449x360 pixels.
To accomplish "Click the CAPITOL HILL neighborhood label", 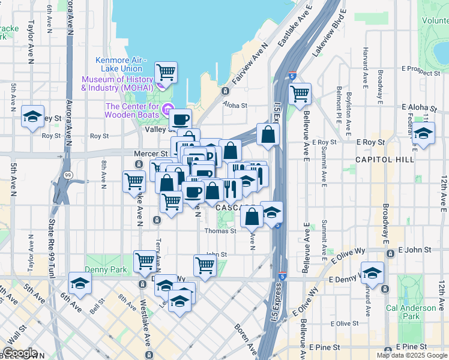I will coord(385,160).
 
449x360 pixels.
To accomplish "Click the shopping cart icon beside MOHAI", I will coord(166,72).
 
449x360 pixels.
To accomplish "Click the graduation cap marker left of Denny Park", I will coord(80,283).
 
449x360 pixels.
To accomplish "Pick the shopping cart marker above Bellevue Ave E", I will coord(300,93).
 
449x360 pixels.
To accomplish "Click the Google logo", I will coord(20,353).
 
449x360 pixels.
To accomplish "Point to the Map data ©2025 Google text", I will coord(411,355).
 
